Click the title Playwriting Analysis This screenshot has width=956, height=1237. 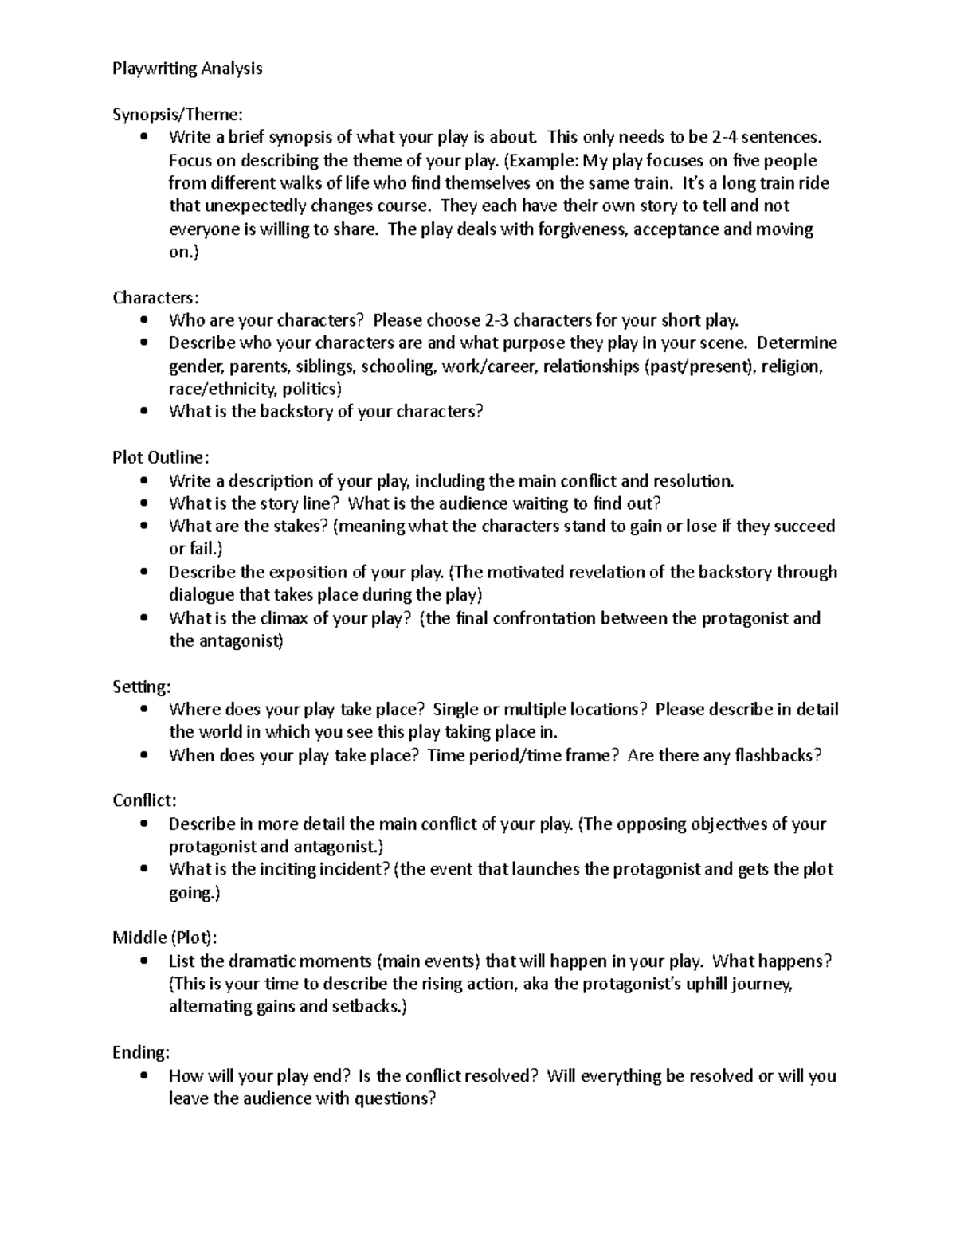point(187,69)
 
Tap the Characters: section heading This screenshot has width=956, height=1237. point(156,298)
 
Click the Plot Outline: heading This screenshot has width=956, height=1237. point(161,458)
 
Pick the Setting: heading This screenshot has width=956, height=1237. point(142,687)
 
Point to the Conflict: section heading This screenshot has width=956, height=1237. point(144,801)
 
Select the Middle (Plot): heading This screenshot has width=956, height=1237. point(164,938)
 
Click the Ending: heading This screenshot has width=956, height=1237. point(141,1053)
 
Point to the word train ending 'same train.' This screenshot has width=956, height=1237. point(652,183)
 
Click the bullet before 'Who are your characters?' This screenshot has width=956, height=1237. point(143,320)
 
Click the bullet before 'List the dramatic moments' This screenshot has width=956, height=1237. point(143,961)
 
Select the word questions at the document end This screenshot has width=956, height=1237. point(394,1099)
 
